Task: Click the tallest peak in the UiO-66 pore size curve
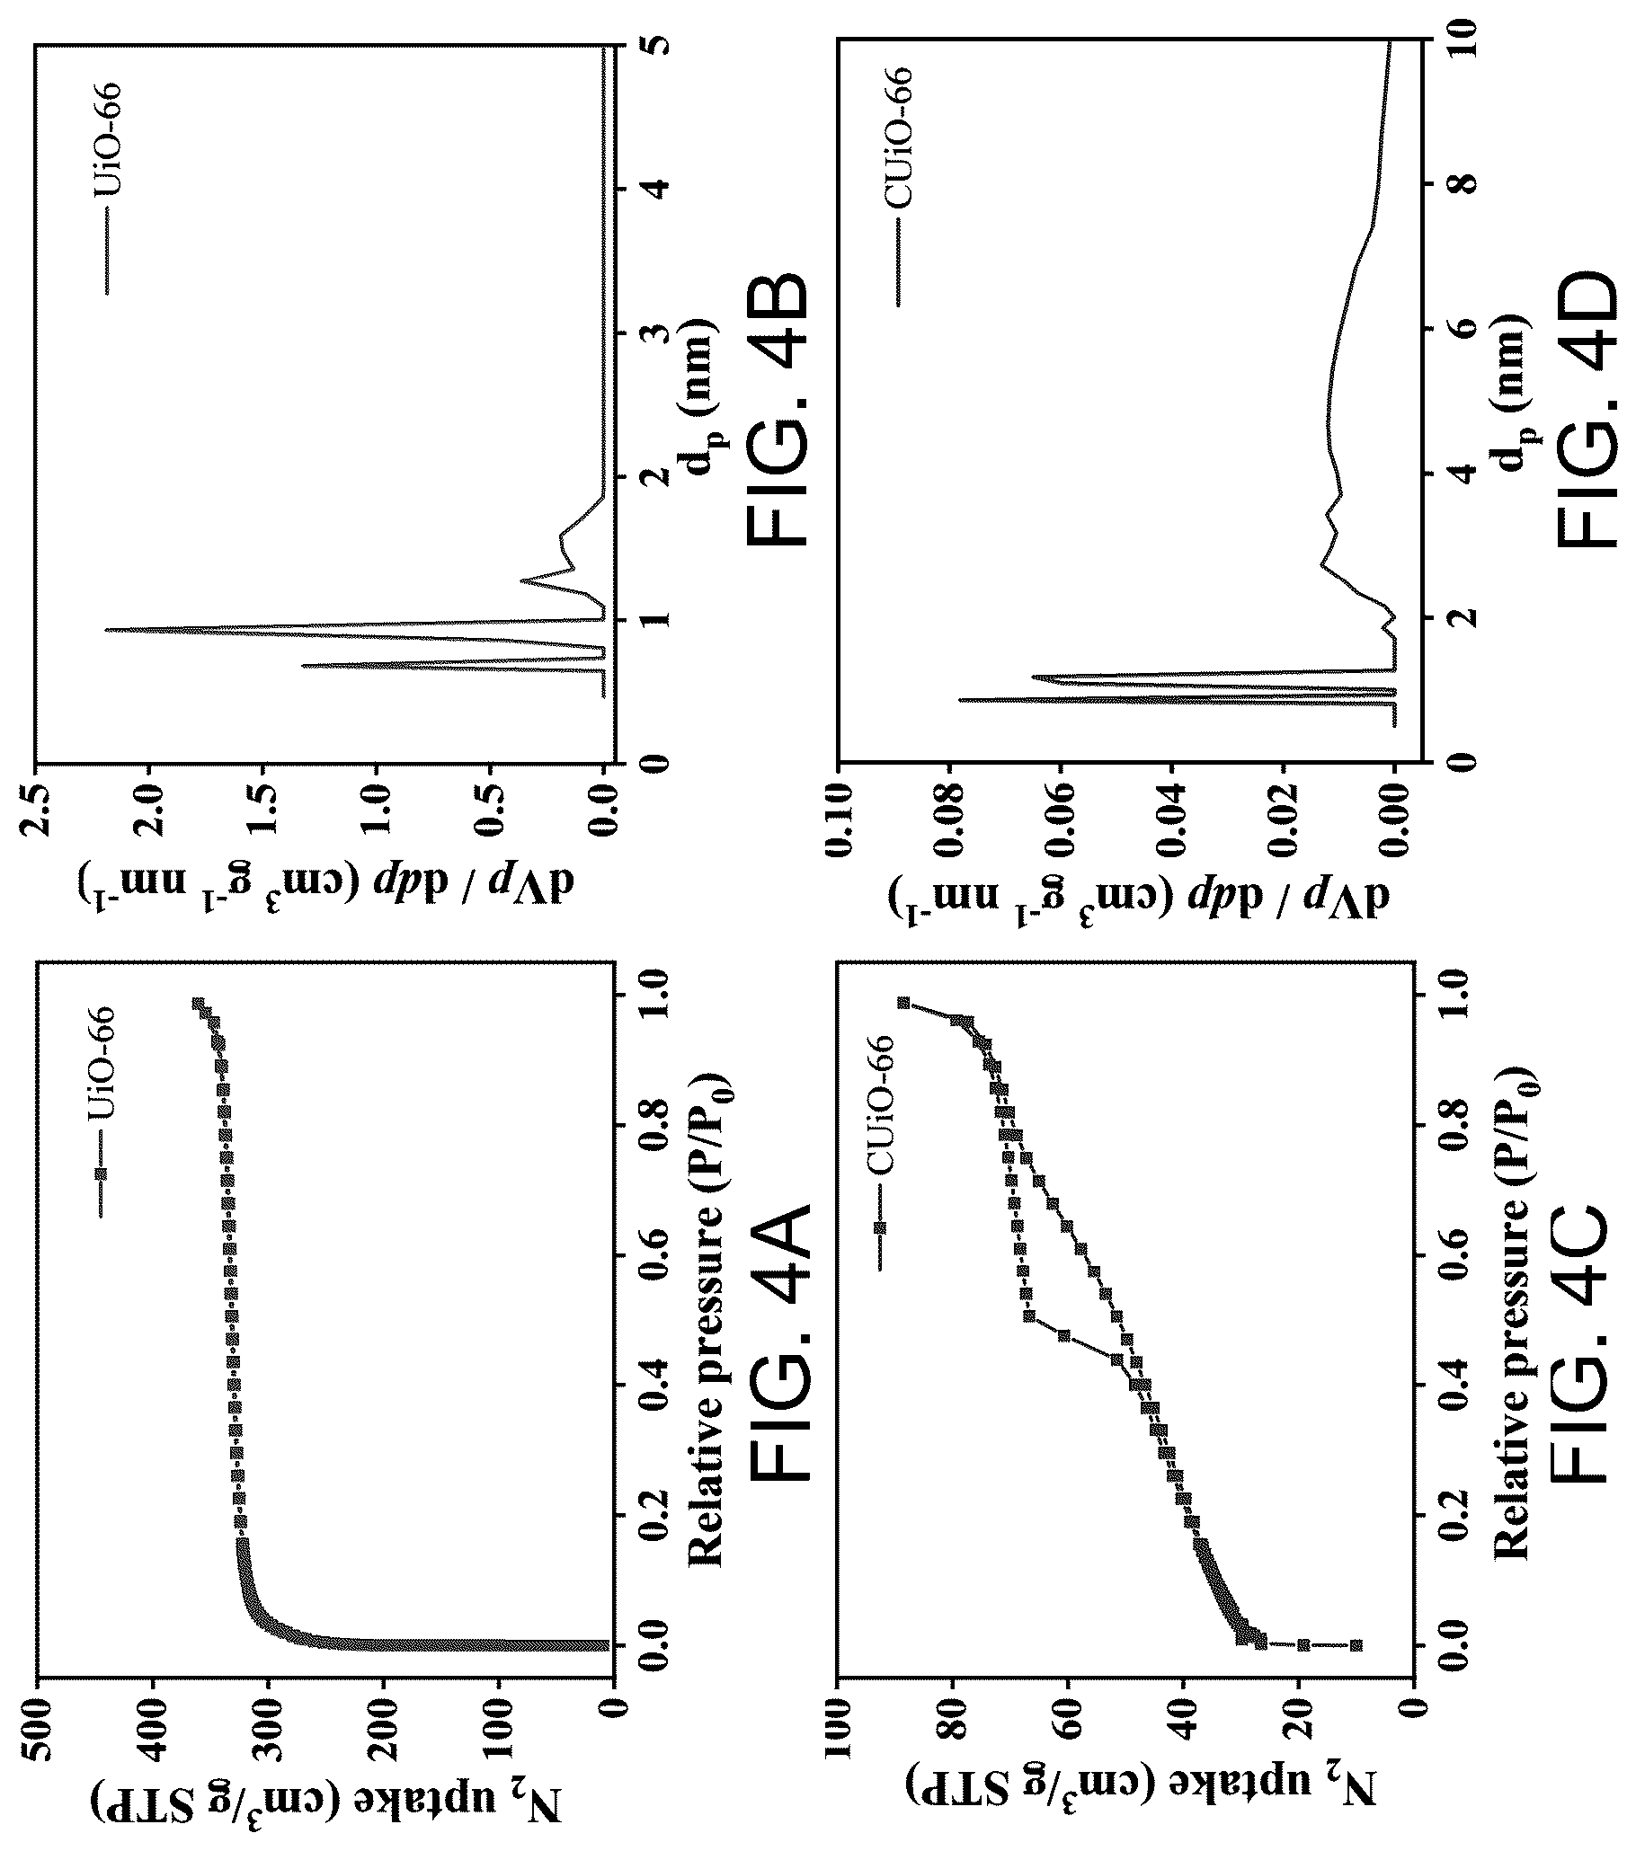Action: point(105,629)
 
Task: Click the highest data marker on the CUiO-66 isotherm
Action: point(903,1003)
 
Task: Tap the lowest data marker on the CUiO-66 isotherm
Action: point(1356,1645)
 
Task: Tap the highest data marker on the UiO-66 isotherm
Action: point(198,1004)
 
